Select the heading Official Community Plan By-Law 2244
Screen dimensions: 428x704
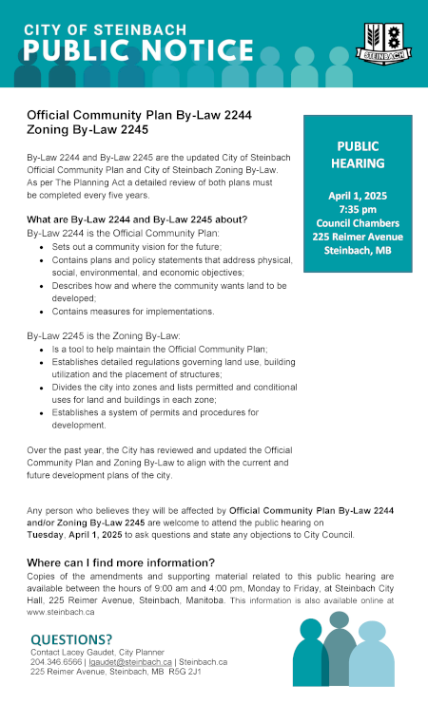pos(139,113)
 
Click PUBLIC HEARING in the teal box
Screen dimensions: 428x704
pos(358,154)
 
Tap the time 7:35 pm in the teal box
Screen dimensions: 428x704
pos(358,209)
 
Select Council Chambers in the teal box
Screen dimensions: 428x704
pos(358,222)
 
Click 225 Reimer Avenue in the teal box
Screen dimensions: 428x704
pos(358,236)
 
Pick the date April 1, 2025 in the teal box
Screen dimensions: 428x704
pos(358,196)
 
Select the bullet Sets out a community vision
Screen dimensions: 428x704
pos(137,246)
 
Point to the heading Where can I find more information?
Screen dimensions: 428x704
pos(121,562)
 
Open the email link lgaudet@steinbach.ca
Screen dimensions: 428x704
pos(139,661)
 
